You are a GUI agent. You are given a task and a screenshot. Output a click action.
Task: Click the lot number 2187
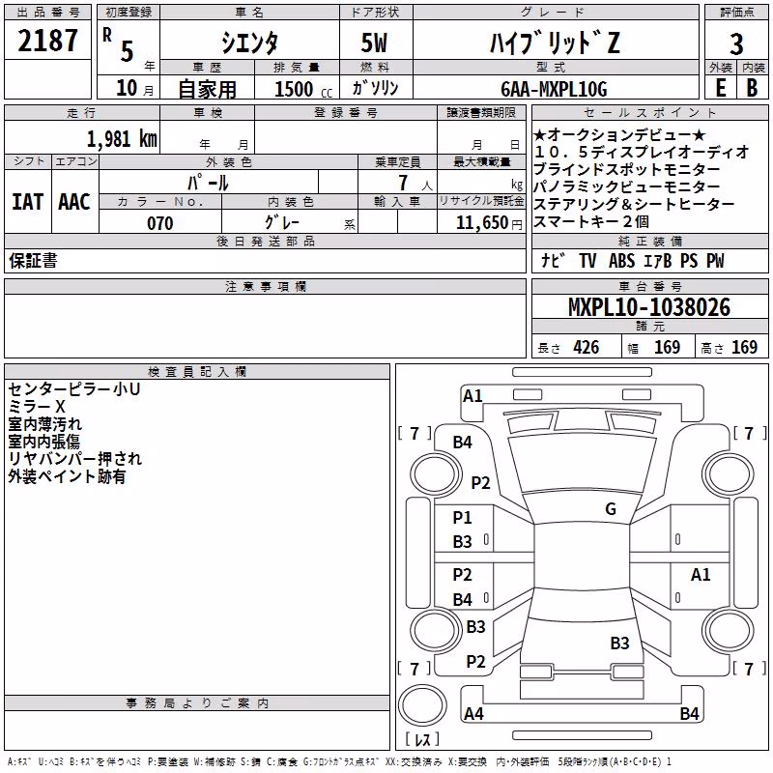tap(47, 41)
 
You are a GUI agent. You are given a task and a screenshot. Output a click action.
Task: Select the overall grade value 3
tap(736, 44)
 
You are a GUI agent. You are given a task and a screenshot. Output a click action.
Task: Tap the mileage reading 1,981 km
tap(122, 139)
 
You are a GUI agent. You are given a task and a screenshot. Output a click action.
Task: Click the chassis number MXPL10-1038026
tap(649, 307)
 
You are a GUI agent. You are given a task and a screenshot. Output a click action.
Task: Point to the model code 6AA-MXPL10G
tap(554, 89)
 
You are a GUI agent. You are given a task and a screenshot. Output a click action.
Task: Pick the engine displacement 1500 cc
tap(302, 89)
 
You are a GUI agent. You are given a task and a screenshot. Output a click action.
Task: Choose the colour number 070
tap(160, 223)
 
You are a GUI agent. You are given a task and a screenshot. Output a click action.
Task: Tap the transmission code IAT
tap(27, 202)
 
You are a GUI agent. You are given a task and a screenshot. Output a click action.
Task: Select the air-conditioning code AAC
tap(74, 202)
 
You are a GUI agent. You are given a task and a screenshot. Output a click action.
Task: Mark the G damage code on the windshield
tap(611, 509)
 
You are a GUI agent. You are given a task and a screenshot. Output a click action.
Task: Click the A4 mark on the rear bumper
tap(473, 713)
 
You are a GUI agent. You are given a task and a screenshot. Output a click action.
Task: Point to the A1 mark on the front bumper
tap(472, 396)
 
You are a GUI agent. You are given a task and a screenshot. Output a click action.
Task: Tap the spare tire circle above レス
tap(422, 704)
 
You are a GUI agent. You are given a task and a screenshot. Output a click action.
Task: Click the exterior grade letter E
tap(721, 88)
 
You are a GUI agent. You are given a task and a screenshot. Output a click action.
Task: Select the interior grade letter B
tap(752, 88)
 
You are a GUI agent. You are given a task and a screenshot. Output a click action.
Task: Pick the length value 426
tap(587, 348)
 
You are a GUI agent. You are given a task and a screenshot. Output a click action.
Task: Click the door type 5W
tap(374, 43)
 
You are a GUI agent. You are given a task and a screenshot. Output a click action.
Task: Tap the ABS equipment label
tap(621, 261)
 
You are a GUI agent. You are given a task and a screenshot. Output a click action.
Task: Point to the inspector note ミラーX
tap(37, 407)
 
